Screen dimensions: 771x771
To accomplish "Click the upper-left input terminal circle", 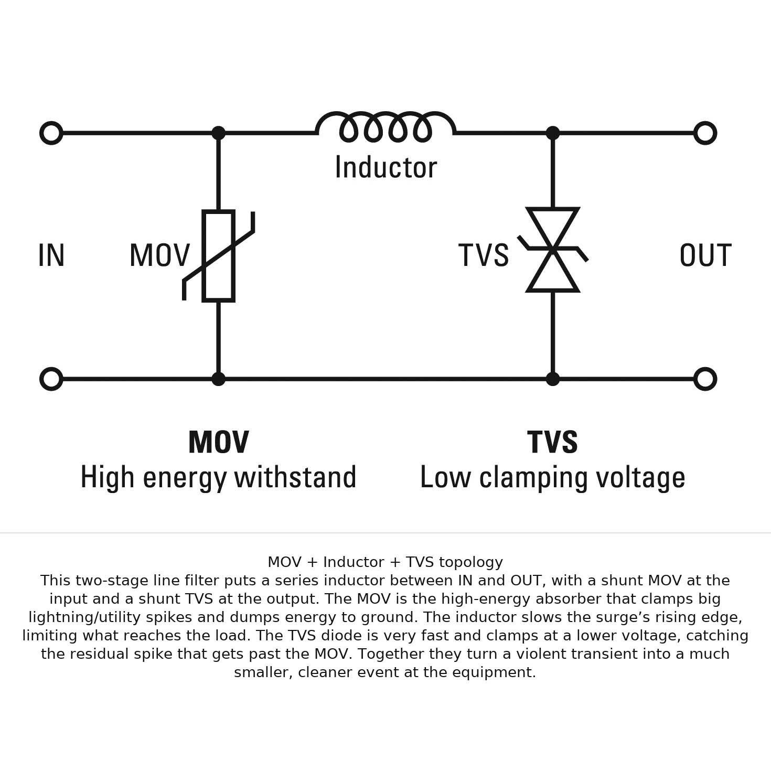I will pyautogui.click(x=51, y=133).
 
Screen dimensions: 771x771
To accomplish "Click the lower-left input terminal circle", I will pyautogui.click(x=51, y=379).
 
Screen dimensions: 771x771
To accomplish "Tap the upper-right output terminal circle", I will pyautogui.click(x=705, y=133).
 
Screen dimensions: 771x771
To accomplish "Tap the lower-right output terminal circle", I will pyautogui.click(x=705, y=379).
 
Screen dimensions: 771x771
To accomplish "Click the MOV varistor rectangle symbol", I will pyautogui.click(x=218, y=256).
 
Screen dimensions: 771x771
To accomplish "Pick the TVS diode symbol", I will pyautogui.click(x=553, y=250).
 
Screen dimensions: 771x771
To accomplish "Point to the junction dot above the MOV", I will pyautogui.click(x=218, y=133).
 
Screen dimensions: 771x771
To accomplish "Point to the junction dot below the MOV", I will pyautogui.click(x=218, y=379).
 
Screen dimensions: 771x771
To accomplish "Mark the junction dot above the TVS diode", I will pyautogui.click(x=553, y=133).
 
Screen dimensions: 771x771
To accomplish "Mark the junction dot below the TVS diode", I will pyautogui.click(x=553, y=379).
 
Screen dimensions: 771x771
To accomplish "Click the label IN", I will pyautogui.click(x=51, y=256).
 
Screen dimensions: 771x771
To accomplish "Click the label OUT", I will pyautogui.click(x=705, y=256).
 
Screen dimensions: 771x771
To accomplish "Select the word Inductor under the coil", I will pyautogui.click(x=385, y=168).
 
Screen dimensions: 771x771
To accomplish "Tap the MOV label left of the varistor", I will pyautogui.click(x=159, y=256).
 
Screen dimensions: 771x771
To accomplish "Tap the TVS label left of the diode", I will pyautogui.click(x=484, y=256).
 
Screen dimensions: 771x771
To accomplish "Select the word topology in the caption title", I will pyautogui.click(x=470, y=562).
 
